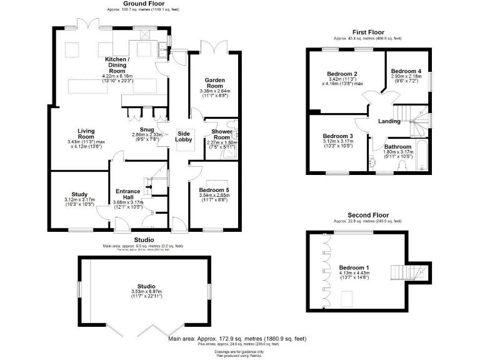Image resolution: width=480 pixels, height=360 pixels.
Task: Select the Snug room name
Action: pos(147,129)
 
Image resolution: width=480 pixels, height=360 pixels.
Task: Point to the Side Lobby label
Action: pos(184,137)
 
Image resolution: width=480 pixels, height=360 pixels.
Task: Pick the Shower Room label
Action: pos(222,134)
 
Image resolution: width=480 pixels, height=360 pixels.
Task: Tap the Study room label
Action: pos(79,194)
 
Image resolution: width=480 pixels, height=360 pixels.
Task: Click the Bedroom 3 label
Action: pos(338,136)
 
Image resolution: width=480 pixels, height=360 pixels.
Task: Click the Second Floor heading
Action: pos(366,216)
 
